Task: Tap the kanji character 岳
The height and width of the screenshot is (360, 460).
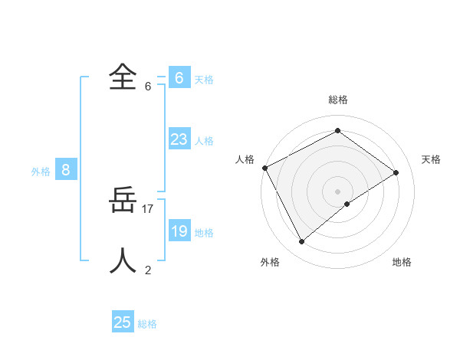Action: coord(123,201)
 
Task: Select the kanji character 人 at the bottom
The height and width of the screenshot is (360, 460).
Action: coord(123,260)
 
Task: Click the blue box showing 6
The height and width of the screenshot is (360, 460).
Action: coord(179,77)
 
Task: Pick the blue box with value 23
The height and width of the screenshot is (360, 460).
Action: coord(179,139)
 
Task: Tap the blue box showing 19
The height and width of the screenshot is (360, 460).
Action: coord(179,231)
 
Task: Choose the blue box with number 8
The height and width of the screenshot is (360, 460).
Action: coord(66,170)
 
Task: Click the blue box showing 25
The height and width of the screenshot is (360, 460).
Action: coord(123,322)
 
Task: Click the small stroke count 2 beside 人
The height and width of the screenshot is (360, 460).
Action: coord(148,270)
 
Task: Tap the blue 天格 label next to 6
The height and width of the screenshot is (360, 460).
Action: coord(204,79)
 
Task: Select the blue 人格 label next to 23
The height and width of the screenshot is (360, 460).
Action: coord(204,141)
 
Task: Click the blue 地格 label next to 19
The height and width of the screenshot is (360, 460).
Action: coord(204,233)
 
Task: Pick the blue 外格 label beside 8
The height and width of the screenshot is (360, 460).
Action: coord(41,172)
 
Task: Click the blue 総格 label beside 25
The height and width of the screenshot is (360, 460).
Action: coord(147,324)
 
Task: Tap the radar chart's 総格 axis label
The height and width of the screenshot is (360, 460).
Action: coord(337,100)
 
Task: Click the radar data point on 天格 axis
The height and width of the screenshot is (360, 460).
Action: coord(396,172)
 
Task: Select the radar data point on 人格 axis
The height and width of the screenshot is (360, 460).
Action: coord(264,168)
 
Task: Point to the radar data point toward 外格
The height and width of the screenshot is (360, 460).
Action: coord(302,242)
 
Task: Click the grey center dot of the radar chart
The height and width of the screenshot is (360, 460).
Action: coord(337,191)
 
